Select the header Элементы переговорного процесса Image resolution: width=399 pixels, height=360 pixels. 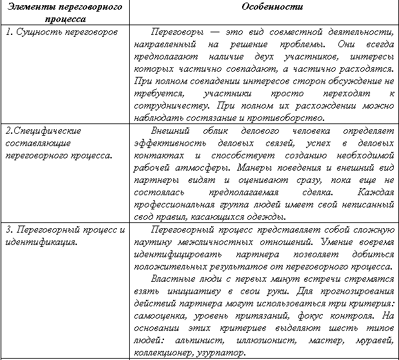point(64,12)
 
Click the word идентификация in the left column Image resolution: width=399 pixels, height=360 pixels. point(40,242)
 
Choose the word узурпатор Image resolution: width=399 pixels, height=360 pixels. point(221,353)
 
